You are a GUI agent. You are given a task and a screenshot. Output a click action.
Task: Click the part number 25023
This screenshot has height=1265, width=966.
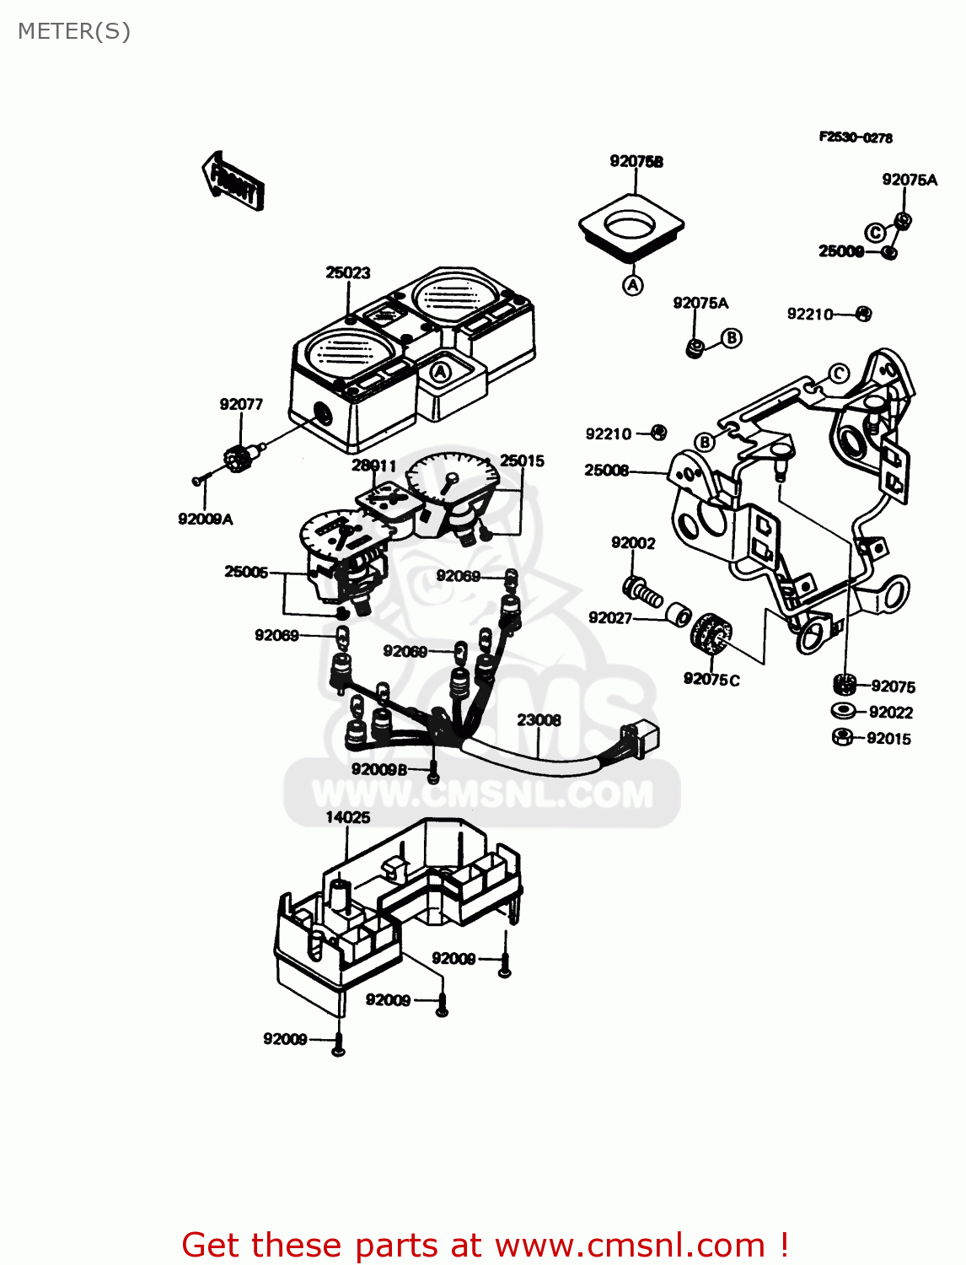pyautogui.click(x=347, y=272)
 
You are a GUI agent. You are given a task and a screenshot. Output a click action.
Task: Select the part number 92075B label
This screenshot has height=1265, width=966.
pyautogui.click(x=636, y=161)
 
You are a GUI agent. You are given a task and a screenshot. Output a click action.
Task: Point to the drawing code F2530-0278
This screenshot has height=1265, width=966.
pyautogui.click(x=856, y=137)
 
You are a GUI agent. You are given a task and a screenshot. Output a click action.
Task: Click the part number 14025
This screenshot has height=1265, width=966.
pyautogui.click(x=347, y=817)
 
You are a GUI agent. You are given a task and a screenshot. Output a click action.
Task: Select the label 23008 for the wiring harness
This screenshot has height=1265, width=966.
pyautogui.click(x=539, y=720)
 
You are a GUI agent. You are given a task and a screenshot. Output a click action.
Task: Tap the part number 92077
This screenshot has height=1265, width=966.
pyautogui.click(x=241, y=404)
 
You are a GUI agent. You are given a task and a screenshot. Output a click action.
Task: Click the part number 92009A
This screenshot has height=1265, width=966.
pyautogui.click(x=205, y=519)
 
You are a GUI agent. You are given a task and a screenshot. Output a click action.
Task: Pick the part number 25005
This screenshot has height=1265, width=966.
pyautogui.click(x=246, y=572)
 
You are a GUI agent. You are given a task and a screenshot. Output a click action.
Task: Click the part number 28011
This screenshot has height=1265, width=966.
pyautogui.click(x=373, y=466)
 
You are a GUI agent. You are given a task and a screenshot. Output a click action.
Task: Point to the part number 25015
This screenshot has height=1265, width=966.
pyautogui.click(x=522, y=460)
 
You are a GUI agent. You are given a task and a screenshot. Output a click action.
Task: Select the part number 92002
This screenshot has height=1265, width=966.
pyautogui.click(x=633, y=543)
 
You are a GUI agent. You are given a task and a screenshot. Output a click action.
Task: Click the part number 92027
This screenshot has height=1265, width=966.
pyautogui.click(x=610, y=618)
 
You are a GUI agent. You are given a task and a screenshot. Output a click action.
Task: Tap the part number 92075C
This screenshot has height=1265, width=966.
pyautogui.click(x=711, y=679)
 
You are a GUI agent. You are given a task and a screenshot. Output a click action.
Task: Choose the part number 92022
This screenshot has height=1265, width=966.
pyautogui.click(x=890, y=713)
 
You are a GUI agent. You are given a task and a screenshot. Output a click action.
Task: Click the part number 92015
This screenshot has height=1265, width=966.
pyautogui.click(x=888, y=739)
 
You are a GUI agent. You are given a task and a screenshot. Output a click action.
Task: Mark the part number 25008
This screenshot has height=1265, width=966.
pyautogui.click(x=607, y=471)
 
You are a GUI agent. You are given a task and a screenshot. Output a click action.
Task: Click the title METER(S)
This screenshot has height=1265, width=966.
pyautogui.click(x=74, y=31)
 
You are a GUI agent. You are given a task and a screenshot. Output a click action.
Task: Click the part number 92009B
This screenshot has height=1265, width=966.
pyautogui.click(x=379, y=769)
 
